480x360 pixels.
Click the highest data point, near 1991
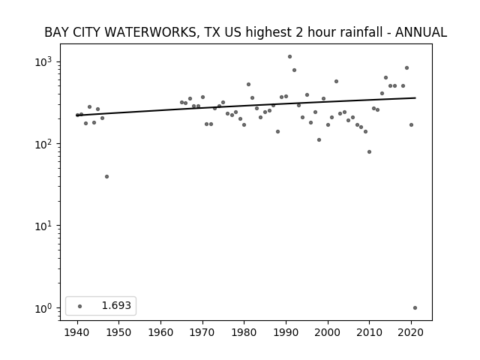coord(289,57)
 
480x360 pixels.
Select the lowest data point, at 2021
coord(415,308)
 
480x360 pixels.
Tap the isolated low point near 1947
coord(106,177)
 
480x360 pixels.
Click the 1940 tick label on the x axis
coord(77,332)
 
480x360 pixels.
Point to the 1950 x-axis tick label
coord(119,332)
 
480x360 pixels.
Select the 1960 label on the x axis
coord(160,332)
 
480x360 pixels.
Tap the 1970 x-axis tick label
coord(202,332)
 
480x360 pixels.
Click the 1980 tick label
coord(244,332)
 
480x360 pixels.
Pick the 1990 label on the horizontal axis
coord(286,332)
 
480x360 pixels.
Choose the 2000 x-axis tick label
coord(328,332)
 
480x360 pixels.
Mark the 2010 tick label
coord(369,332)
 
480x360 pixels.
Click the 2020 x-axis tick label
coord(411,332)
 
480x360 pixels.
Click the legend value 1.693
coord(116,305)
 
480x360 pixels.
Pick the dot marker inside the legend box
coord(80,306)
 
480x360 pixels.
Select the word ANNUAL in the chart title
coord(421,32)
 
